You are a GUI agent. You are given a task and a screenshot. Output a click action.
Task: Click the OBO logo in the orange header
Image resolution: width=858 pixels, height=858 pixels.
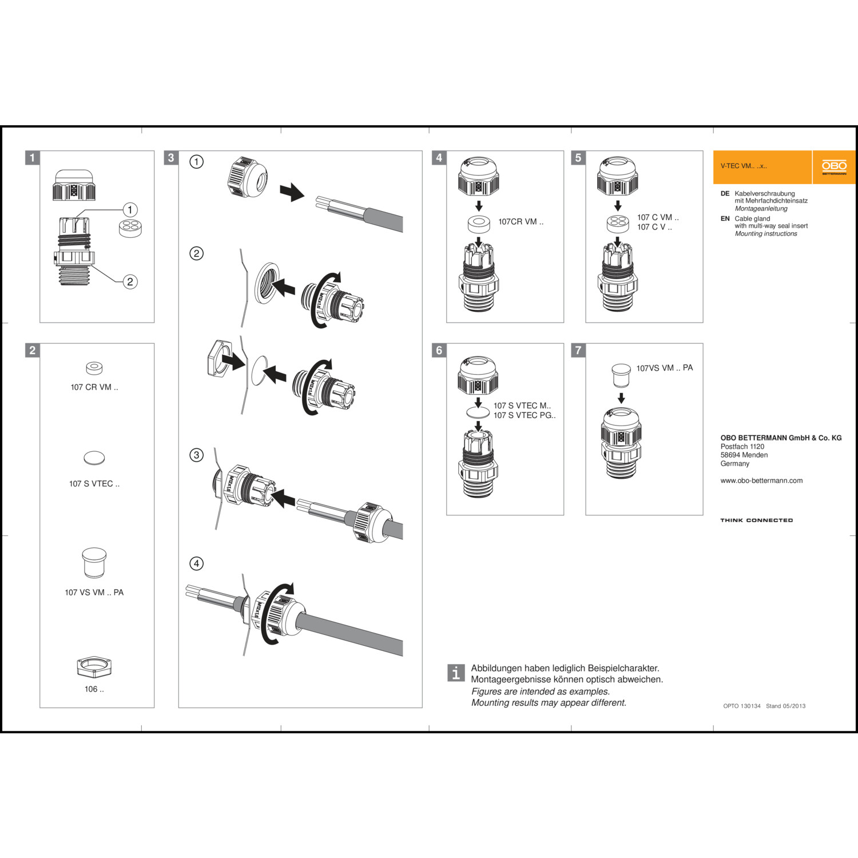pos(834,167)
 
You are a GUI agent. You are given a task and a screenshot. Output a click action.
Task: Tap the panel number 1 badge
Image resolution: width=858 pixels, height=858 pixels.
pos(33,158)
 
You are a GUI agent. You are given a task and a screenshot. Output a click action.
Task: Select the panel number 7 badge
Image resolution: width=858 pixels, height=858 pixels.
pos(578,350)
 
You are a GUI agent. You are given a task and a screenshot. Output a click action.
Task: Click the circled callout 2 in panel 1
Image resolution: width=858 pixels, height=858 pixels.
pos(130,281)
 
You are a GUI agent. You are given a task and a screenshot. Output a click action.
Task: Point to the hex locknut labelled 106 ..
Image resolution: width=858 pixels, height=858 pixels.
pos(94,666)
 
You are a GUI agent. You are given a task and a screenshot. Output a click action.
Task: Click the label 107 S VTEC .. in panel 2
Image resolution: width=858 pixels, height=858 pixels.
pos(94,484)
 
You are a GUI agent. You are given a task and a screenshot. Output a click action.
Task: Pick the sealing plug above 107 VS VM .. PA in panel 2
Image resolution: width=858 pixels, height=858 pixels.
pos(94,563)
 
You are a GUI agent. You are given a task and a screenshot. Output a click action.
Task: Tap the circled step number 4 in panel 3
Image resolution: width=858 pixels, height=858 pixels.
pos(196,563)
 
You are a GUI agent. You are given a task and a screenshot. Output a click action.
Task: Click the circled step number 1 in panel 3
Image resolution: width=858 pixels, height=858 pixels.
pos(196,162)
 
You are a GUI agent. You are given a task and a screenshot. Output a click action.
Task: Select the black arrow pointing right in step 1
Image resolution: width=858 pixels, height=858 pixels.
pos(292,192)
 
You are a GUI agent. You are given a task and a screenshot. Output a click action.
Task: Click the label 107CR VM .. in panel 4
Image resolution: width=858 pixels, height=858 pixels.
pos(521,222)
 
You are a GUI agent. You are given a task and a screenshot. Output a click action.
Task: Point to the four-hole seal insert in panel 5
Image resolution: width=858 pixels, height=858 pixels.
pos(618,223)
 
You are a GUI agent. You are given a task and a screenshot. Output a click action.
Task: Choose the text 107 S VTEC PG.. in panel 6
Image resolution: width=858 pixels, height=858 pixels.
pos(525,415)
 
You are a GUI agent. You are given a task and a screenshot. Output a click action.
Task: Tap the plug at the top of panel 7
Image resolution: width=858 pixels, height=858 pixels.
pos(621,374)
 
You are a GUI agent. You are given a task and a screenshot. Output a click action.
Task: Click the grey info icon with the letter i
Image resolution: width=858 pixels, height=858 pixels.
pos(455,673)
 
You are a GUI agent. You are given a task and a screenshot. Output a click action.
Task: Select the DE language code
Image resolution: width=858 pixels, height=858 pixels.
pos(725,194)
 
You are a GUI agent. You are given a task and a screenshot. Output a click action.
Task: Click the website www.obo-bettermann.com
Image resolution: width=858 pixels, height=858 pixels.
pos(761,481)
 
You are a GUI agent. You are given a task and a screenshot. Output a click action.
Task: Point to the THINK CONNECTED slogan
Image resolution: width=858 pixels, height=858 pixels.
pos(756,521)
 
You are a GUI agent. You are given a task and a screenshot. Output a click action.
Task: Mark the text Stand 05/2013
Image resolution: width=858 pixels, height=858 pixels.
pos(785,706)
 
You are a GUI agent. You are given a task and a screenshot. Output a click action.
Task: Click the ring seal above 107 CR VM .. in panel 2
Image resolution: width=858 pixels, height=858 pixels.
pos(94,367)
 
